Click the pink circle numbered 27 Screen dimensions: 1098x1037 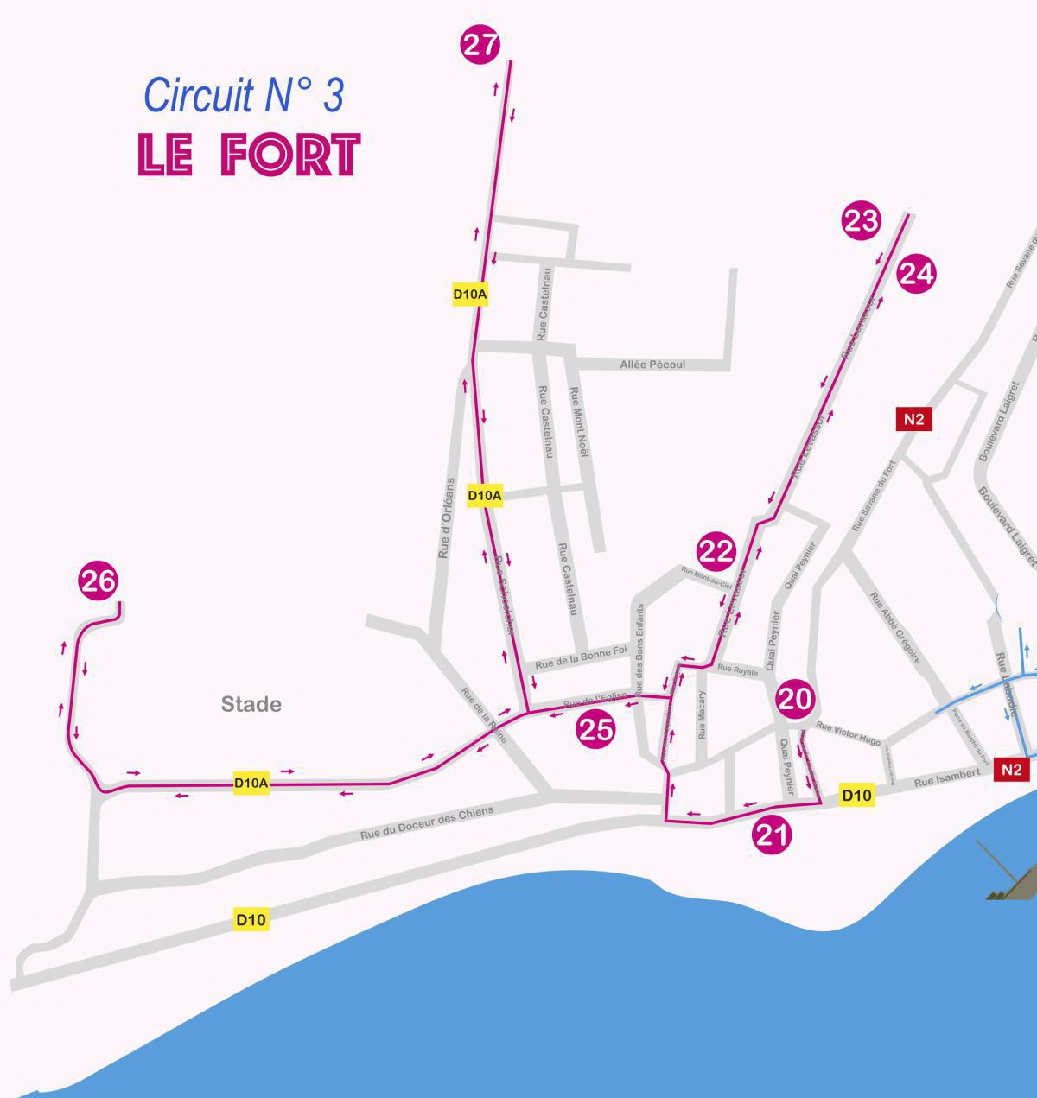(x=481, y=45)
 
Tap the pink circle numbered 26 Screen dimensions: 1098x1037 (x=98, y=581)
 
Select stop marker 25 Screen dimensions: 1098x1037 (x=595, y=730)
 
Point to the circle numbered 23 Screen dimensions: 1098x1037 (x=861, y=222)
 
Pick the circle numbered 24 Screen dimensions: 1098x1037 (x=916, y=274)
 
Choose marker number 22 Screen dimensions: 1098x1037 (x=716, y=551)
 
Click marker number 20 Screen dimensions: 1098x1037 (x=795, y=700)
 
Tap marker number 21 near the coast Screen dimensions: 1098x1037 (x=772, y=835)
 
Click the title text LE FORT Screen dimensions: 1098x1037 (x=249, y=155)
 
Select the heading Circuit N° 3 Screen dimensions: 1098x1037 (x=243, y=95)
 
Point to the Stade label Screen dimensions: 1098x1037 (x=251, y=705)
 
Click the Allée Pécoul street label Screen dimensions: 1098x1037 (x=652, y=365)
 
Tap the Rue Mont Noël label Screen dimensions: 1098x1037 (x=577, y=422)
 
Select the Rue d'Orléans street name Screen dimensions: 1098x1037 (x=446, y=517)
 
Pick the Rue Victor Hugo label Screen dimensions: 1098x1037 (x=848, y=733)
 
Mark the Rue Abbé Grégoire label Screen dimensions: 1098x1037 (x=894, y=628)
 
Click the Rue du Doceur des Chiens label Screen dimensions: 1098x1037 (x=427, y=823)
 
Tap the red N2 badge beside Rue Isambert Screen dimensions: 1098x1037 (x=1012, y=770)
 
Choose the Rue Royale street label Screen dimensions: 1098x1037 (x=737, y=670)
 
